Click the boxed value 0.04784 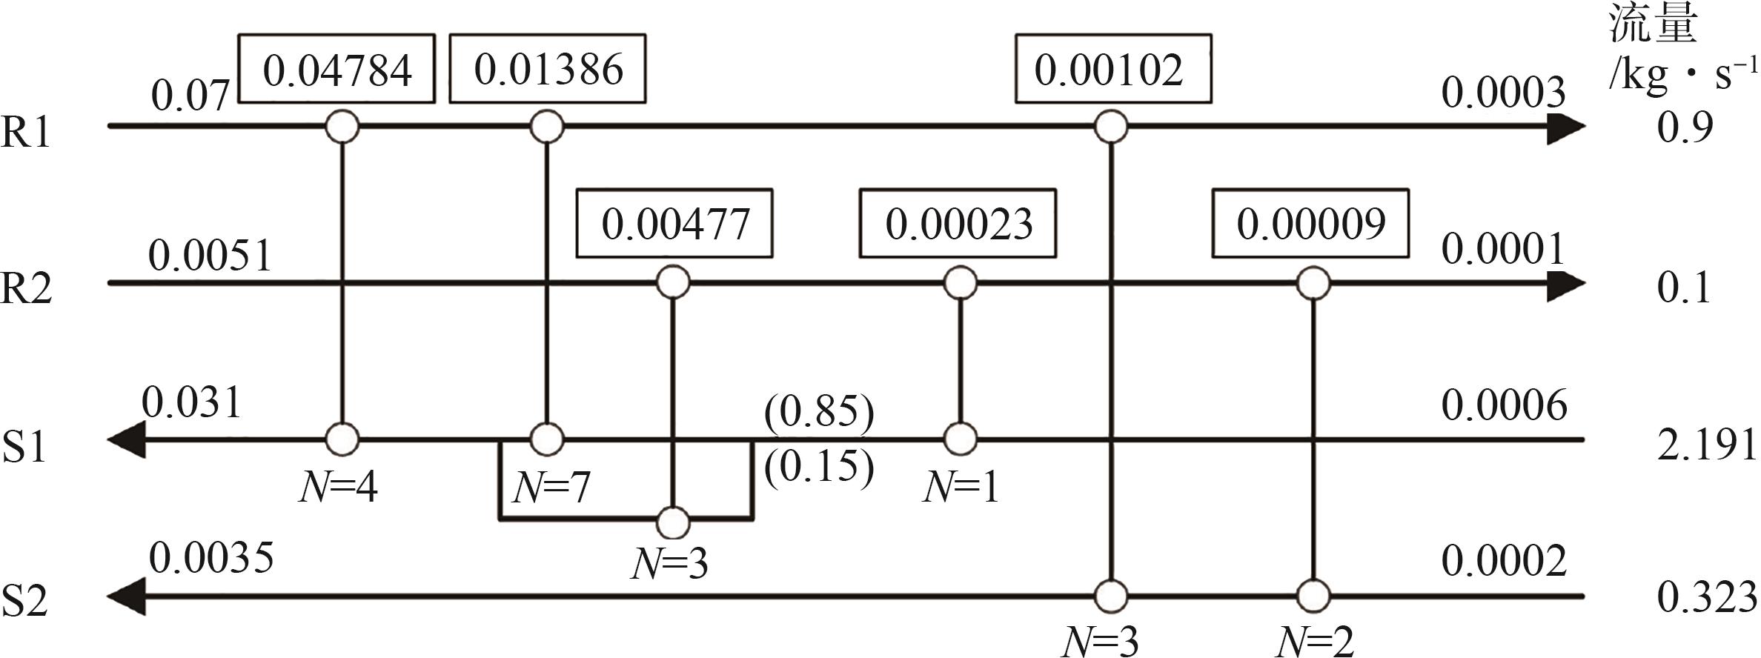(x=336, y=69)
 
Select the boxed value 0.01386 (x=548, y=69)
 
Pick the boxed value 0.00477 (x=674, y=224)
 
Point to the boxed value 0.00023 (x=958, y=224)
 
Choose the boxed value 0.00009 (x=1310, y=224)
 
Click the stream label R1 (x=26, y=133)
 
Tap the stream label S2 (x=26, y=600)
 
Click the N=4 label (x=338, y=488)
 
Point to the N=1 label (x=961, y=488)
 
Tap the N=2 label (x=1314, y=642)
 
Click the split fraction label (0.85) (x=819, y=412)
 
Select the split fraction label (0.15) (x=819, y=467)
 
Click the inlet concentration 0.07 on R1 (x=190, y=96)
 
